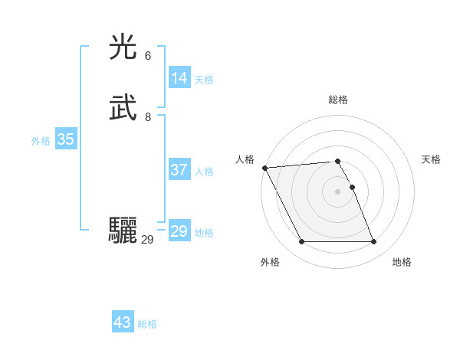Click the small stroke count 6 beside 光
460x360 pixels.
coord(148,56)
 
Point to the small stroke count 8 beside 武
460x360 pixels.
coord(148,116)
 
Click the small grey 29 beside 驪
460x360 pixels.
coord(148,240)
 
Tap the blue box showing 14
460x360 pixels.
coord(179,78)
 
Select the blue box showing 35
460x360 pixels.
coord(65,139)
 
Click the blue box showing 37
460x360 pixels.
coord(179,170)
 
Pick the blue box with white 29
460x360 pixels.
coord(179,231)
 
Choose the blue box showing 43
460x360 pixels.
coord(123,322)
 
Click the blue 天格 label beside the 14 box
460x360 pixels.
coord(204,80)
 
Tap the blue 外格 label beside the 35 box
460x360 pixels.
coord(41,141)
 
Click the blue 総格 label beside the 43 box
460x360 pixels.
coord(147,324)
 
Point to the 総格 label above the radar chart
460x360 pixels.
coord(338,100)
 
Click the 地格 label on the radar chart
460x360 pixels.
coord(402,262)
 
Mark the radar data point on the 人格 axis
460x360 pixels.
coord(264,168)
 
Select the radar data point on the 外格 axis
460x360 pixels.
coord(301,242)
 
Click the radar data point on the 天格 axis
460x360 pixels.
coord(352,187)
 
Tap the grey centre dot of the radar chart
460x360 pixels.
coord(338,191)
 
